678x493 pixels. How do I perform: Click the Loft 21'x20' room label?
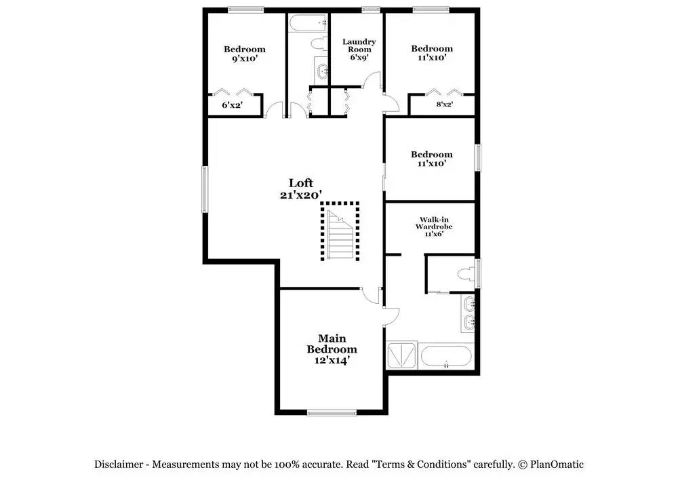click(301, 189)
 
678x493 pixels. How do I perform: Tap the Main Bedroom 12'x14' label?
click(332, 349)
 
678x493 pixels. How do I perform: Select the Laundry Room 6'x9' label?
click(359, 50)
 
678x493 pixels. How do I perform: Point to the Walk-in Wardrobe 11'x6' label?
click(434, 226)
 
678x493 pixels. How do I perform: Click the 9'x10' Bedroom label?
click(245, 54)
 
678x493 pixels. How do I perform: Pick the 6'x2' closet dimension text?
click(232, 104)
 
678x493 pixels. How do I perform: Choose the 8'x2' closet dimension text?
click(445, 104)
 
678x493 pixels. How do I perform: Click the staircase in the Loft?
click(340, 231)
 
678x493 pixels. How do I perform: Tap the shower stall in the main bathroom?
click(401, 355)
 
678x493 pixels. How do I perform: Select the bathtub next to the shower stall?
click(446, 356)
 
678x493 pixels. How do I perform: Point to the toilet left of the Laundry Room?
click(319, 43)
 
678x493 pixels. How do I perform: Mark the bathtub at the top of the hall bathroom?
click(308, 23)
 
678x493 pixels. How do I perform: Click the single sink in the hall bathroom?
click(322, 71)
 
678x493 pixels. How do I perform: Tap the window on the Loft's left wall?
click(205, 189)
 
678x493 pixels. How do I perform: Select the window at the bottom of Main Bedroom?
click(332, 412)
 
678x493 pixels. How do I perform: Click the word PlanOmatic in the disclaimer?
click(557, 465)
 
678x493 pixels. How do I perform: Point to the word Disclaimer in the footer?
click(119, 465)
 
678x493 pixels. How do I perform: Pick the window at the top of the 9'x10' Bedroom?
click(245, 9)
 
